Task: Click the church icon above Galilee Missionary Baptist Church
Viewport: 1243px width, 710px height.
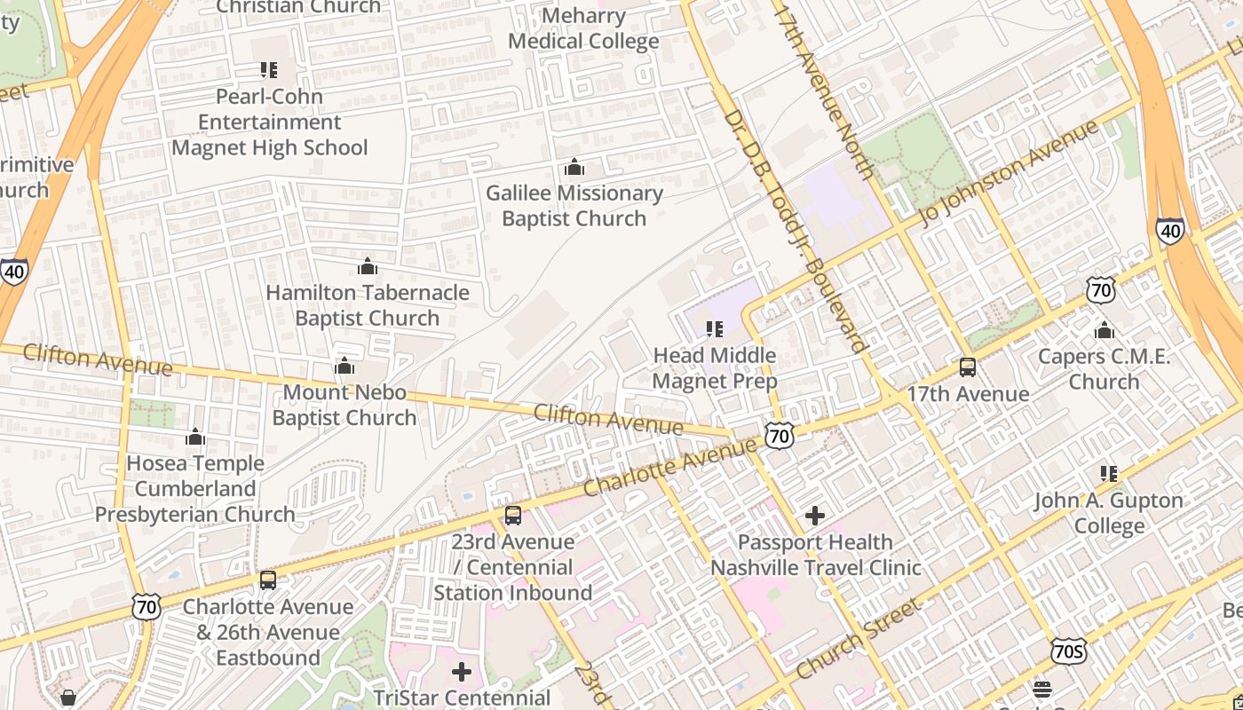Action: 574,167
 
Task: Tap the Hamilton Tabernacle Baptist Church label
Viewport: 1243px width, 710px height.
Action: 367,304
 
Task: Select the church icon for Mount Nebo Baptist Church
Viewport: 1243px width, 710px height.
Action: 344,366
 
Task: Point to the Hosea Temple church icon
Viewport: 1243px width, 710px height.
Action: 195,437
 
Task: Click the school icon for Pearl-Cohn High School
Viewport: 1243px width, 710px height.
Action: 268,69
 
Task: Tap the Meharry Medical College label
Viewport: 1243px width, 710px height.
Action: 583,28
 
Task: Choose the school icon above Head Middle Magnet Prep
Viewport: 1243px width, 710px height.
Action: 715,329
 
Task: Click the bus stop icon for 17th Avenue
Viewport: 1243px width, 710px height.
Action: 968,367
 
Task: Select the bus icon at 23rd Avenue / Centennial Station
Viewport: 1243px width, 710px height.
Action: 513,516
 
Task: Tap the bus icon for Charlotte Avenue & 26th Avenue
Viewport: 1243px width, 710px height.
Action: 268,580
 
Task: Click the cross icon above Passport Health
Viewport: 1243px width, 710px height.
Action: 815,515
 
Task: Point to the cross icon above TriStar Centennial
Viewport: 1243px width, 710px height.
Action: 462,671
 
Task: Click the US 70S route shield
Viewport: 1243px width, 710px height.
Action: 1068,651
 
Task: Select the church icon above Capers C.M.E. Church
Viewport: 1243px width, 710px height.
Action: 1104,331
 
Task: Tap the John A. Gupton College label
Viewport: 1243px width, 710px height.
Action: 1108,513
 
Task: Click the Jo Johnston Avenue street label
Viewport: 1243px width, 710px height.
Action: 1009,172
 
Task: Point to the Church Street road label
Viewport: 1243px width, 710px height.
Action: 858,639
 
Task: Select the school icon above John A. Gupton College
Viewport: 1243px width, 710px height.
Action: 1108,474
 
